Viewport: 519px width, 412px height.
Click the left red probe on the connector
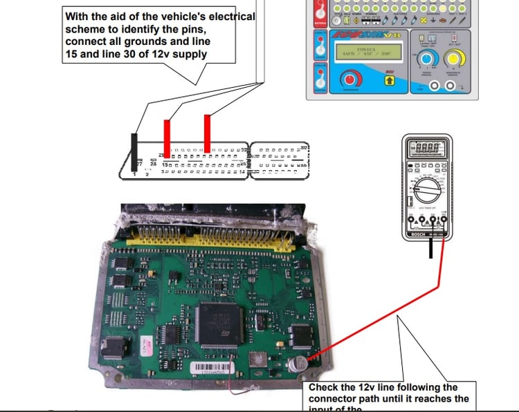pyautogui.click(x=166, y=138)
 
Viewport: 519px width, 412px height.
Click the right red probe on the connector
pyautogui.click(x=207, y=133)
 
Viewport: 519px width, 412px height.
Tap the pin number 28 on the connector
pyautogui.click(x=153, y=164)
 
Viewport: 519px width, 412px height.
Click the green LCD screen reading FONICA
pyautogui.click(x=364, y=55)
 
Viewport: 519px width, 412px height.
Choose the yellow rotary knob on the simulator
pyautogui.click(x=454, y=62)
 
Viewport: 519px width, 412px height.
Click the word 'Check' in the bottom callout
pyautogui.click(x=324, y=388)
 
